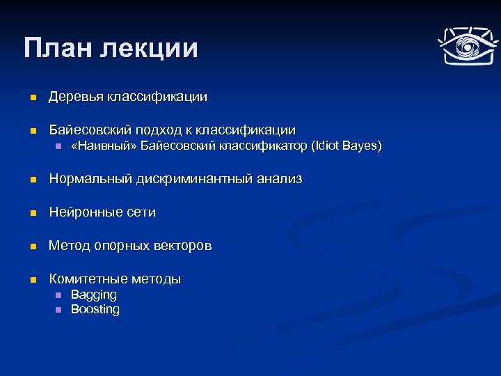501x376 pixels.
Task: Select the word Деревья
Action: tap(76, 97)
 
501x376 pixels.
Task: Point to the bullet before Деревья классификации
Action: tap(31, 97)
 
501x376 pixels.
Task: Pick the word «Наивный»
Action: tap(104, 146)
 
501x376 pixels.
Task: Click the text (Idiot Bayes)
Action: tap(347, 146)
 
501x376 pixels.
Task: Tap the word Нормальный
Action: tap(90, 180)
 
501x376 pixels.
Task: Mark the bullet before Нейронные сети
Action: tap(31, 213)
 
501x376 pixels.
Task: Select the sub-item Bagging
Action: tap(94, 295)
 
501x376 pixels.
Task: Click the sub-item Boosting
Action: tap(95, 310)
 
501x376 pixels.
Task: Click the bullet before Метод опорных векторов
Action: tap(31, 246)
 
